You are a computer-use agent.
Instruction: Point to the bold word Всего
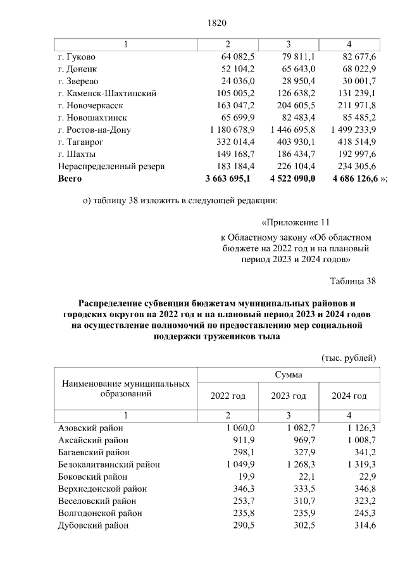tap(70, 179)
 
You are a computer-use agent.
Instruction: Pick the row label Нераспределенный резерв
tap(111, 166)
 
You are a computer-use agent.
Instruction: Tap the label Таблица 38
tap(353, 280)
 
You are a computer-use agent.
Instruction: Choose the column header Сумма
tap(288, 375)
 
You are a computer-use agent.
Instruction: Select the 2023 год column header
tap(289, 396)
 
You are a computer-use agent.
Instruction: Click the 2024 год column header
tap(349, 396)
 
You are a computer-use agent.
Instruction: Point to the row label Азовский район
tap(90, 428)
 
